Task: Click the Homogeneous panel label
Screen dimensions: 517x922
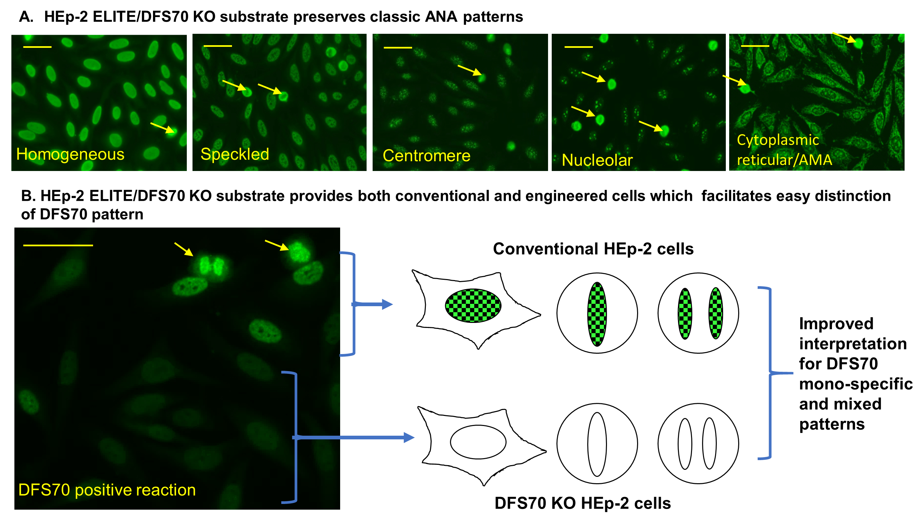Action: (x=70, y=155)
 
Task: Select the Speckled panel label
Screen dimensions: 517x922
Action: (x=234, y=154)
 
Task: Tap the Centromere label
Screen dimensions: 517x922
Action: (x=426, y=156)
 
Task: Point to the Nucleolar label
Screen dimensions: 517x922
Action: (x=597, y=160)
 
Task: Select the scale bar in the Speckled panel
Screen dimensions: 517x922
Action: (x=218, y=46)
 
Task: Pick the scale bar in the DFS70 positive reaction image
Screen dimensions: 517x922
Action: (x=58, y=245)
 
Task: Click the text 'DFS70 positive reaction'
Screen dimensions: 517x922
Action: (x=107, y=490)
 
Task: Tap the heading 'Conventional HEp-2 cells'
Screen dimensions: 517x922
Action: (x=593, y=249)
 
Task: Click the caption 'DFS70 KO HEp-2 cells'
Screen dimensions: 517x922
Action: (x=582, y=503)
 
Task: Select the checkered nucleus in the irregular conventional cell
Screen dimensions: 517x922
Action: (x=473, y=306)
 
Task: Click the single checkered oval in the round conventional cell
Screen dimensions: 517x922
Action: (x=597, y=314)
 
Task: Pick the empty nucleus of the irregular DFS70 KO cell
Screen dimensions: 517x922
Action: (x=478, y=442)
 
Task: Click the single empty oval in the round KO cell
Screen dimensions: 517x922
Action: (x=597, y=444)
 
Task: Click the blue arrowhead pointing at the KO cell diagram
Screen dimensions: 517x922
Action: (x=409, y=437)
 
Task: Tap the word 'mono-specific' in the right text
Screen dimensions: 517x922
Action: (x=855, y=384)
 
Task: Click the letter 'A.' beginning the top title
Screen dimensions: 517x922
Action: (x=26, y=17)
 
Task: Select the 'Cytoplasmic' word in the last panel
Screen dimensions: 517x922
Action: (x=777, y=140)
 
